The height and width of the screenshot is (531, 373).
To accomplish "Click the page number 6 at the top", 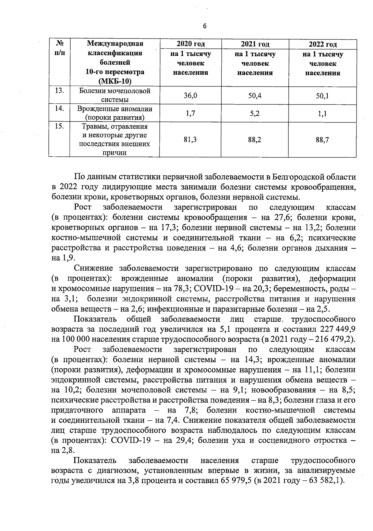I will (205, 26).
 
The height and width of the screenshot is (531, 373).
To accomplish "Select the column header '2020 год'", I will (191, 44).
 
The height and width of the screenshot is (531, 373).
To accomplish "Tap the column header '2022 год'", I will (323, 44).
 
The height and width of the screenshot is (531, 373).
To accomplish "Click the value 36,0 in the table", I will (191, 95).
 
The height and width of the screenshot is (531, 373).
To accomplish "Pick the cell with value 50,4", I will (255, 95).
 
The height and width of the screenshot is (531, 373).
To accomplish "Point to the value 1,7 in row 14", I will (191, 113).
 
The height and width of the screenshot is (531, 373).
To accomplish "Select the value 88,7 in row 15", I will (322, 140).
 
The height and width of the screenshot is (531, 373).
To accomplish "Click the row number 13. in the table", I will (59, 91).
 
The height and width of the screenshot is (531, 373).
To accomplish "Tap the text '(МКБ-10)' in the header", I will (115, 82).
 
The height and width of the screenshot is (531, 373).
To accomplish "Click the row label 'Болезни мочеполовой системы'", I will (115, 95).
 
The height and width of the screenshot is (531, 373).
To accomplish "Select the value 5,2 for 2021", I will (255, 113).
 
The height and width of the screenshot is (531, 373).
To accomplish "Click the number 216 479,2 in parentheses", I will (335, 339).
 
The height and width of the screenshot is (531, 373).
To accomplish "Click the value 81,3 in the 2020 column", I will (191, 140).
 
